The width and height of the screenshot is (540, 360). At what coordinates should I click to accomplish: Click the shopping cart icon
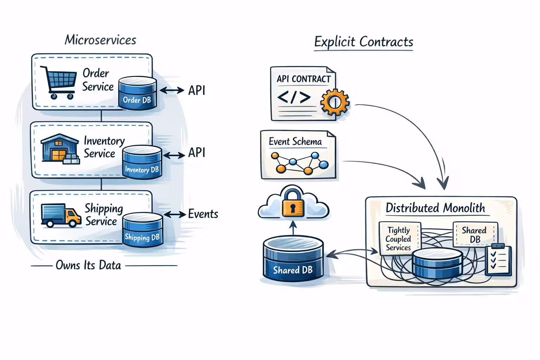click(x=59, y=82)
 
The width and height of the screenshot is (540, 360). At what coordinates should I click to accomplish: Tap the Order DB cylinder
click(x=137, y=93)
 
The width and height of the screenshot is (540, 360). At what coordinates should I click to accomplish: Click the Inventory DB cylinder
click(x=142, y=162)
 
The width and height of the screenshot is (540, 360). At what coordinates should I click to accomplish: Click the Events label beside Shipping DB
click(x=203, y=214)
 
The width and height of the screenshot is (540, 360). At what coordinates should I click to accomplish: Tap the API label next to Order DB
click(x=197, y=90)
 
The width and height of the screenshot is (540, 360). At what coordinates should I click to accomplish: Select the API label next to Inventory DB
click(x=197, y=153)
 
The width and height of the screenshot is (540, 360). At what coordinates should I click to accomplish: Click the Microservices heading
click(x=101, y=40)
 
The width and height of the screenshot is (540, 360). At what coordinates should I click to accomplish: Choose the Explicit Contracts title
click(x=364, y=42)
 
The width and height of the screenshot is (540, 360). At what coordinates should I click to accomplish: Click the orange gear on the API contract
click(x=335, y=102)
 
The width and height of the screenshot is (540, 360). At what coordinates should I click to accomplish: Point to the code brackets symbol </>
click(x=294, y=97)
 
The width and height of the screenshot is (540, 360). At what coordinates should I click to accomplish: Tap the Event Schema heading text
click(x=295, y=141)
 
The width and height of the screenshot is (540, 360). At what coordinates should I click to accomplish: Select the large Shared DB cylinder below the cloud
click(x=293, y=259)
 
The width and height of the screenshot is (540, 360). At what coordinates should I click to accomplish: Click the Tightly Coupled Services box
click(x=399, y=239)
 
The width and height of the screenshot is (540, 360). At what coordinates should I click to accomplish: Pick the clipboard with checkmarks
click(x=498, y=260)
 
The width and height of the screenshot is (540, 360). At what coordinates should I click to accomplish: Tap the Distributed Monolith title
click(x=435, y=208)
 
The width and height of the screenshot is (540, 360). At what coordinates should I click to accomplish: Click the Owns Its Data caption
click(x=88, y=265)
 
